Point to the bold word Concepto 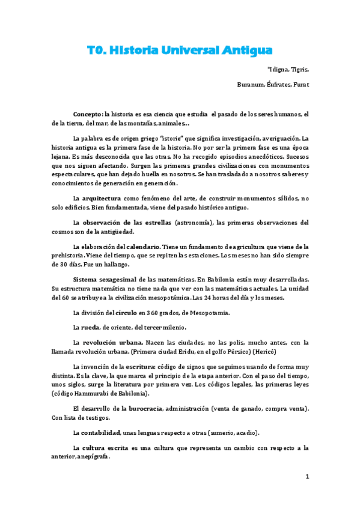88,114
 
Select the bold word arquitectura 101,198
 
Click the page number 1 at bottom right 307,477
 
